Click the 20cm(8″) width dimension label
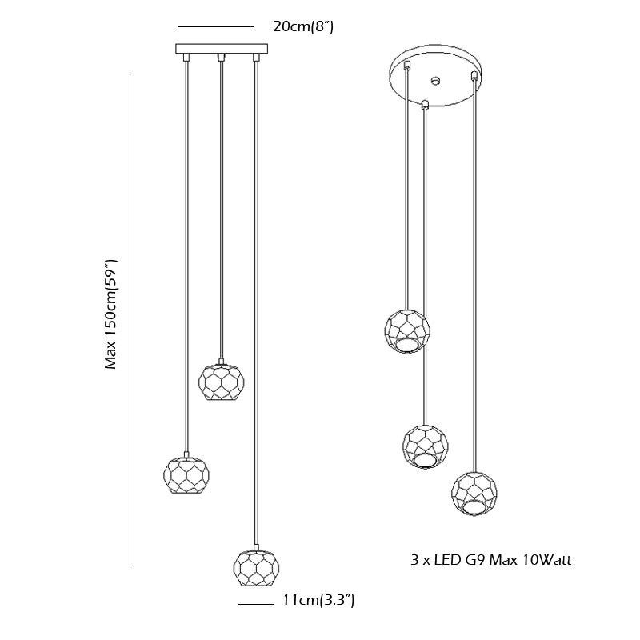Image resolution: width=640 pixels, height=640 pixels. [x=303, y=27]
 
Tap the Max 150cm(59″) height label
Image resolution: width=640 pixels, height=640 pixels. [x=111, y=314]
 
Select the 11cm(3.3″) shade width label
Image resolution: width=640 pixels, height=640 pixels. [x=318, y=600]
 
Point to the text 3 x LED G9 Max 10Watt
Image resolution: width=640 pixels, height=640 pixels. [x=490, y=559]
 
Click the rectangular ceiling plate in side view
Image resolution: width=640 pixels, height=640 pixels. [x=222, y=49]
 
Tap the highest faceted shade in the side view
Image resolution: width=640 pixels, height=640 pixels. [x=222, y=382]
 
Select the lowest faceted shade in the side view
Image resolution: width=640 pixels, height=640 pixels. [x=256, y=568]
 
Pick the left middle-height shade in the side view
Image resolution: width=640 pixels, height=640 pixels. [x=186, y=475]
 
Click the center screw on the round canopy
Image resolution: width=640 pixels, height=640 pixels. [x=436, y=80]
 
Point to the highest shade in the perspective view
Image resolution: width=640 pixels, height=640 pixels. [x=407, y=331]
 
